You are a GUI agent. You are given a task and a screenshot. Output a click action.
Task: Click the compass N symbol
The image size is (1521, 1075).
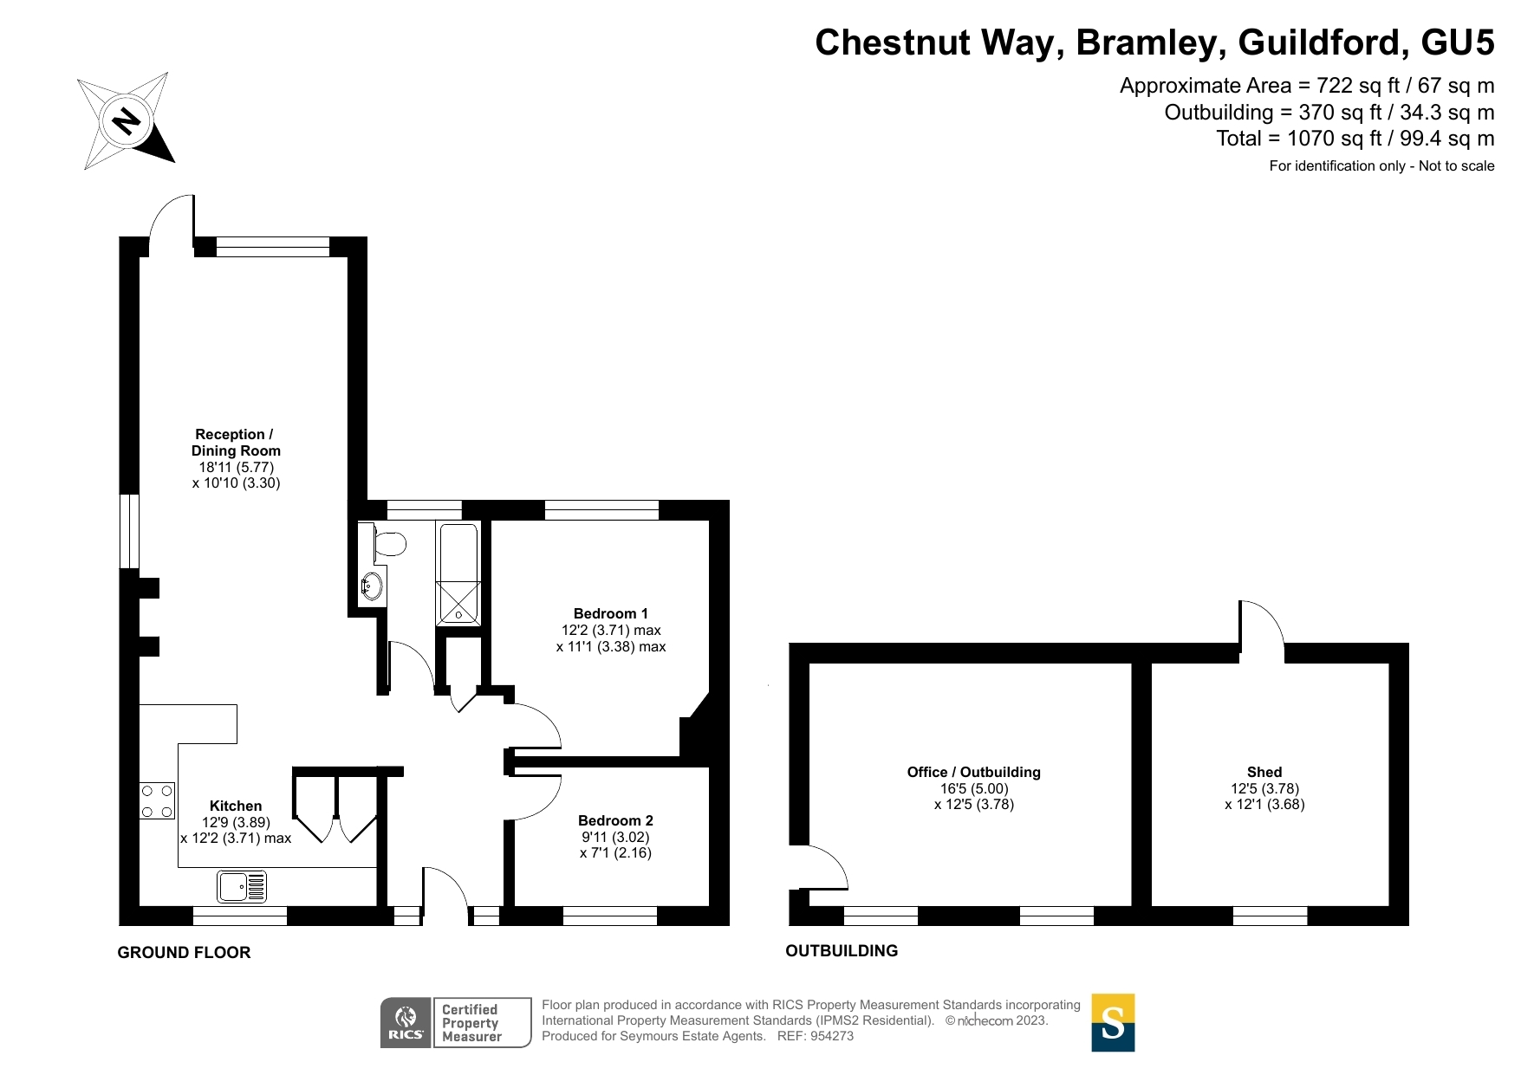(x=127, y=120)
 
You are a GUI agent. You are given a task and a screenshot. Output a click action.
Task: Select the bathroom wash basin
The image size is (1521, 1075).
(x=371, y=586)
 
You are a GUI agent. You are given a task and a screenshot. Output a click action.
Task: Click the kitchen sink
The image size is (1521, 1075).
(x=242, y=886)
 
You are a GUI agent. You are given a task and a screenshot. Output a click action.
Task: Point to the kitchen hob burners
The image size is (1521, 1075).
(x=157, y=801)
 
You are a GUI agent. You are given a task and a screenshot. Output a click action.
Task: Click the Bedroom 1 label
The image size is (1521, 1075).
(x=611, y=614)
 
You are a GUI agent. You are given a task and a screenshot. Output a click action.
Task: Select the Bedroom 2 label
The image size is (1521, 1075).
(x=616, y=820)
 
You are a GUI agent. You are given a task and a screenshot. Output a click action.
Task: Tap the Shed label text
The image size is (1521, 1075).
(x=1264, y=772)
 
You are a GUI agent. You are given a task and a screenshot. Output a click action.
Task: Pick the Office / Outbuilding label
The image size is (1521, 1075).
(x=974, y=772)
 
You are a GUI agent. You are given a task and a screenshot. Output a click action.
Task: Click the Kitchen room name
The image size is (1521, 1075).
(x=236, y=806)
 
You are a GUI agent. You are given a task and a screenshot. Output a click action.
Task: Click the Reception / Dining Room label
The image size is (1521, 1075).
(x=236, y=443)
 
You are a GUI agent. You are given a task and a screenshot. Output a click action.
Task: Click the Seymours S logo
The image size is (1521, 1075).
(x=1113, y=1022)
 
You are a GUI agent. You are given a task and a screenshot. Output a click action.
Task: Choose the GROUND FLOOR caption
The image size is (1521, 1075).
(x=184, y=953)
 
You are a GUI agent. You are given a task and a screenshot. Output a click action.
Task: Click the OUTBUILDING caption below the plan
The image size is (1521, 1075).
(x=842, y=951)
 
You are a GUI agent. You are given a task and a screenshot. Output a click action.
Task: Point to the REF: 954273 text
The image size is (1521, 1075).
(x=816, y=1036)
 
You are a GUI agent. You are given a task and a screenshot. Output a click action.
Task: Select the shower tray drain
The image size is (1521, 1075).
(x=458, y=615)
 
